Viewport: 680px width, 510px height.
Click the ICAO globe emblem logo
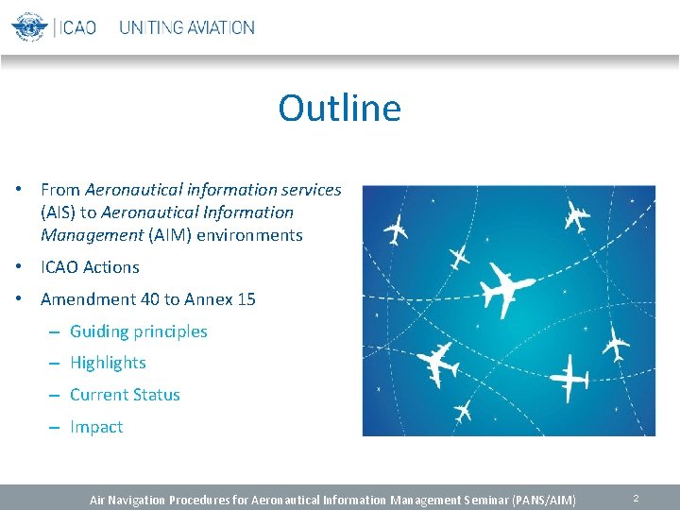28,26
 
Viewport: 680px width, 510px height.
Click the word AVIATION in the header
220,27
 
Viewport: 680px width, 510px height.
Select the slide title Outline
339,108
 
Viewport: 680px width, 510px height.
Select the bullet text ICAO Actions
90,267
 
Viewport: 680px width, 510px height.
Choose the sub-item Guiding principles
138,331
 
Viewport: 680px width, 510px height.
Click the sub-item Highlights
108,363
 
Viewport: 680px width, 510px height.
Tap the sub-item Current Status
125,395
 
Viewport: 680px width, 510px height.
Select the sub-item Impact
96,427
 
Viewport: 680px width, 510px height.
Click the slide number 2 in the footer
637,498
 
